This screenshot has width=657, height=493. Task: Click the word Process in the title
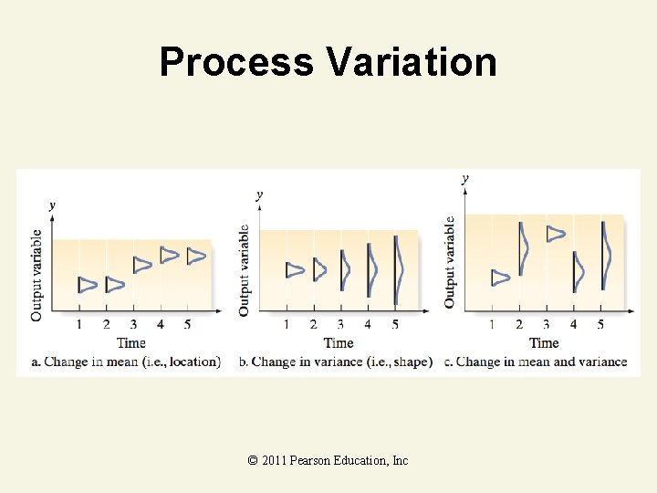click(x=236, y=62)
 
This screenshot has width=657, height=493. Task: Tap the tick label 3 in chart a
click(x=133, y=324)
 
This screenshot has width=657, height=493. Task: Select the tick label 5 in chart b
click(x=395, y=324)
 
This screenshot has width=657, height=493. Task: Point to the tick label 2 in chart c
click(x=519, y=324)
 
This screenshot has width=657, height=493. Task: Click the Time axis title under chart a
click(x=131, y=343)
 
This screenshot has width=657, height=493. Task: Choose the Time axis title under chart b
click(x=339, y=343)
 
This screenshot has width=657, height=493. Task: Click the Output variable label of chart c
click(x=449, y=262)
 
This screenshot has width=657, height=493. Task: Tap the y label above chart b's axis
click(x=260, y=195)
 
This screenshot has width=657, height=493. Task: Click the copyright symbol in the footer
click(x=252, y=460)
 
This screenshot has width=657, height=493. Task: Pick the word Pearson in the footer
click(x=308, y=460)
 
